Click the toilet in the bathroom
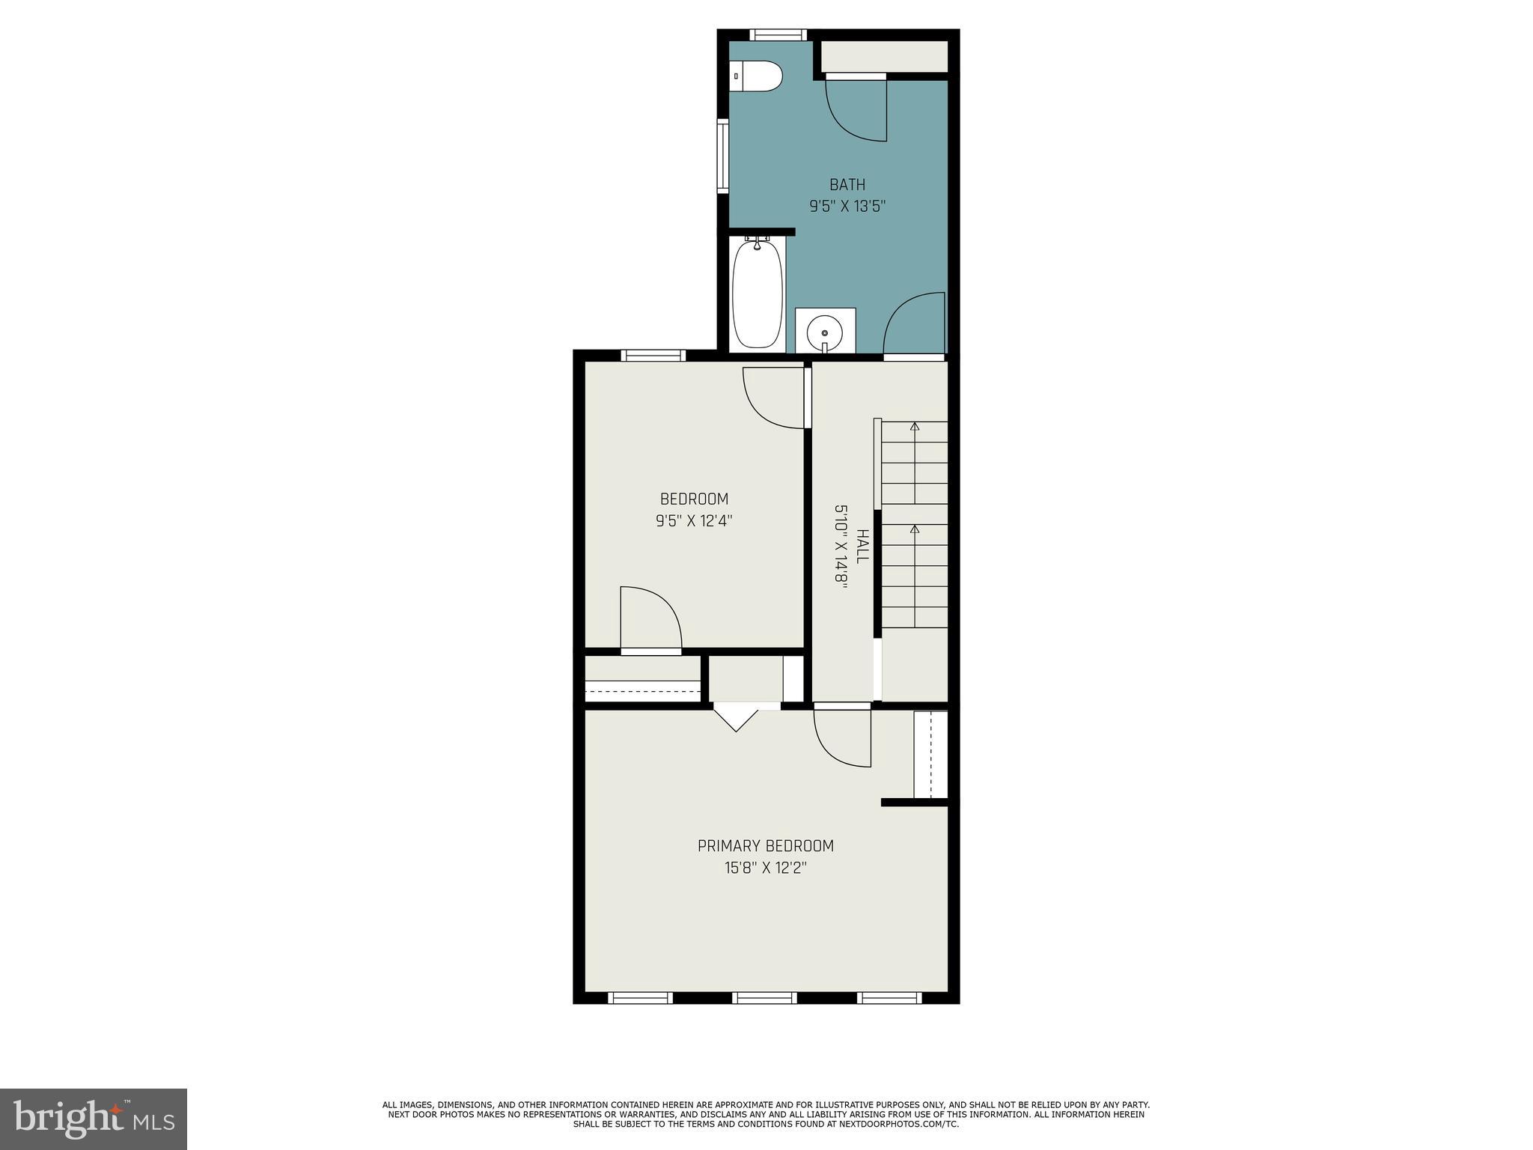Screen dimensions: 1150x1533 pos(757,76)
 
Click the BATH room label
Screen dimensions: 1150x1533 pos(847,184)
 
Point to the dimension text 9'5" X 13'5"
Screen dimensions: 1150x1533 pos(847,207)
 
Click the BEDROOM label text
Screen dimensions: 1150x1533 pos(693,499)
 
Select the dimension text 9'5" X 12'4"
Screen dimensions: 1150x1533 pos(693,521)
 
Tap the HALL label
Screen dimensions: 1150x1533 pos(862,547)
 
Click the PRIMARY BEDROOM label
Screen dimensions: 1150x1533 pos(765,846)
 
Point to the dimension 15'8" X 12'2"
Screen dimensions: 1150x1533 pos(765,868)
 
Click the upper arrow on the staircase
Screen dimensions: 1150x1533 pos(914,428)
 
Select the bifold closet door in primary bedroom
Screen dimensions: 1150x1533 pos(737,717)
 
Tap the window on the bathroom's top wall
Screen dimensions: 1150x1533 pos(778,34)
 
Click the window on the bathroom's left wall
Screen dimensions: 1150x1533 pos(722,156)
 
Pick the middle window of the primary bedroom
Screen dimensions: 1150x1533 pos(764,997)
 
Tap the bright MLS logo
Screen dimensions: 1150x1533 pos(94,1119)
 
